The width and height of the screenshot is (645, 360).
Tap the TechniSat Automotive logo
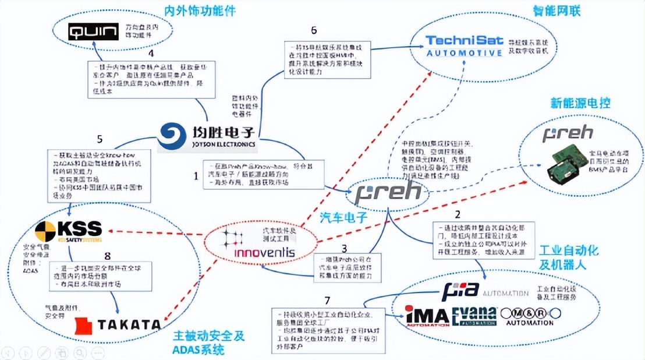click(x=464, y=46)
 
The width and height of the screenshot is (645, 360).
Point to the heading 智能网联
click(x=557, y=10)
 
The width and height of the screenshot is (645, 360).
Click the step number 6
click(x=314, y=30)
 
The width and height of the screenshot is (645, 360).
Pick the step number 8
click(x=107, y=255)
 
